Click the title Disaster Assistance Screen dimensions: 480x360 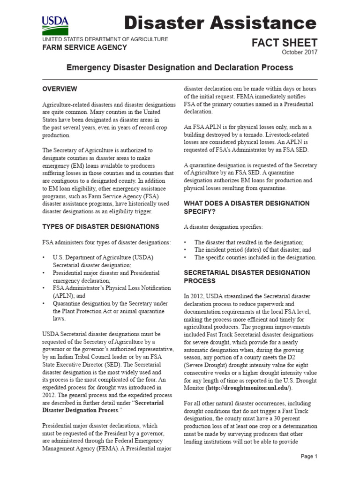pos(220,22)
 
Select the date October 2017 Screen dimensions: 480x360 pos(299,52)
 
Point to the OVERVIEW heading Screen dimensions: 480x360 pos(60,89)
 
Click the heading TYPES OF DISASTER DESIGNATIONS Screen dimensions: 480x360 pos(101,226)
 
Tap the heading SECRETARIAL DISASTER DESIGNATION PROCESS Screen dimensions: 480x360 pos(246,277)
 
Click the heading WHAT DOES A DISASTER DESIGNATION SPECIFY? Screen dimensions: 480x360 pos(246,208)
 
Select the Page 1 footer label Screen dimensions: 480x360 pos(309,456)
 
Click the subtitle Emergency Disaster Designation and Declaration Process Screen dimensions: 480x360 pos(180,67)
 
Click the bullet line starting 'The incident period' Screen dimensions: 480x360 pos(253,250)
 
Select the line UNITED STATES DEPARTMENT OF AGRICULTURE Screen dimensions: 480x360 pos(105,39)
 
